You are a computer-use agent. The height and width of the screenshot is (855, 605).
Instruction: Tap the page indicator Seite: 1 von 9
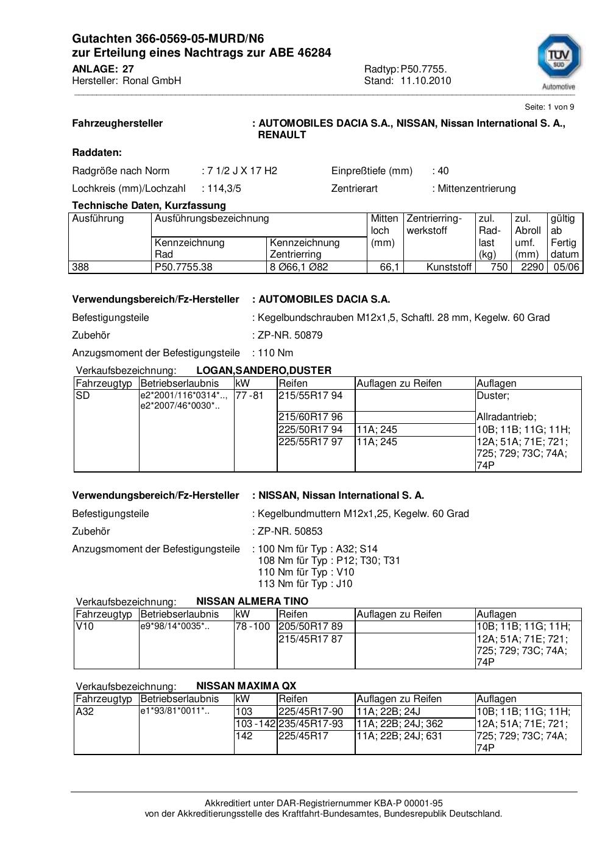tap(549, 107)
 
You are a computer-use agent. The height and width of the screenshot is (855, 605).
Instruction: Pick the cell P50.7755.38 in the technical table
tap(184, 267)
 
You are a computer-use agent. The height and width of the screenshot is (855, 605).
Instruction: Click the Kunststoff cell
tap(449, 267)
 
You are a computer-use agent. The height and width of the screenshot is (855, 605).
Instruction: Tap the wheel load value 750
tap(499, 267)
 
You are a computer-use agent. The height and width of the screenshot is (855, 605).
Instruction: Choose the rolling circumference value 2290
tap(532, 267)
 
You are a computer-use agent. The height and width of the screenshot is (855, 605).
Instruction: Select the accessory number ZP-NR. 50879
tap(290, 335)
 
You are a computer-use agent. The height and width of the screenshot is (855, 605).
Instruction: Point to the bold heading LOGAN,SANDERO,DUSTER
tap(264, 370)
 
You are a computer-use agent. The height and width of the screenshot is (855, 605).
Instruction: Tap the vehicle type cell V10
tap(85, 626)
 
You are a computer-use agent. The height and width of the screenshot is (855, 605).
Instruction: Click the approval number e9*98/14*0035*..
tap(174, 626)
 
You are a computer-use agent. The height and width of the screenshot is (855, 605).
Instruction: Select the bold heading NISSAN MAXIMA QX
tap(246, 686)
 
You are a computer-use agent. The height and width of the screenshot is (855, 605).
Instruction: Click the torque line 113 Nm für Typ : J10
tap(305, 583)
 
